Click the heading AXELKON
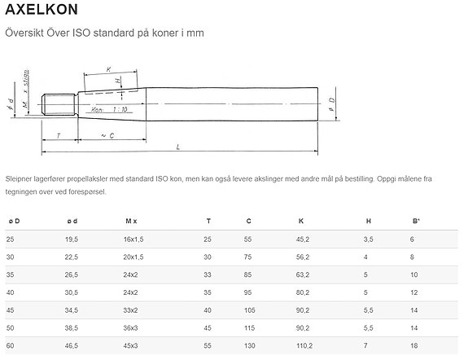coord(42,11)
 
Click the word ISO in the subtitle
coord(85,33)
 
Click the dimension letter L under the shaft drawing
coord(179,147)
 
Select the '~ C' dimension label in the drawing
coord(107,134)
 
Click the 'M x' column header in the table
coord(131,221)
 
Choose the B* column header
coord(416,221)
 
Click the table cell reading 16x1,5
coord(133,239)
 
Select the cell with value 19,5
coord(72,239)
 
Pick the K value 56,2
coord(302,257)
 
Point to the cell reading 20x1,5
coord(133,257)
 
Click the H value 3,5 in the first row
coord(368,239)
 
